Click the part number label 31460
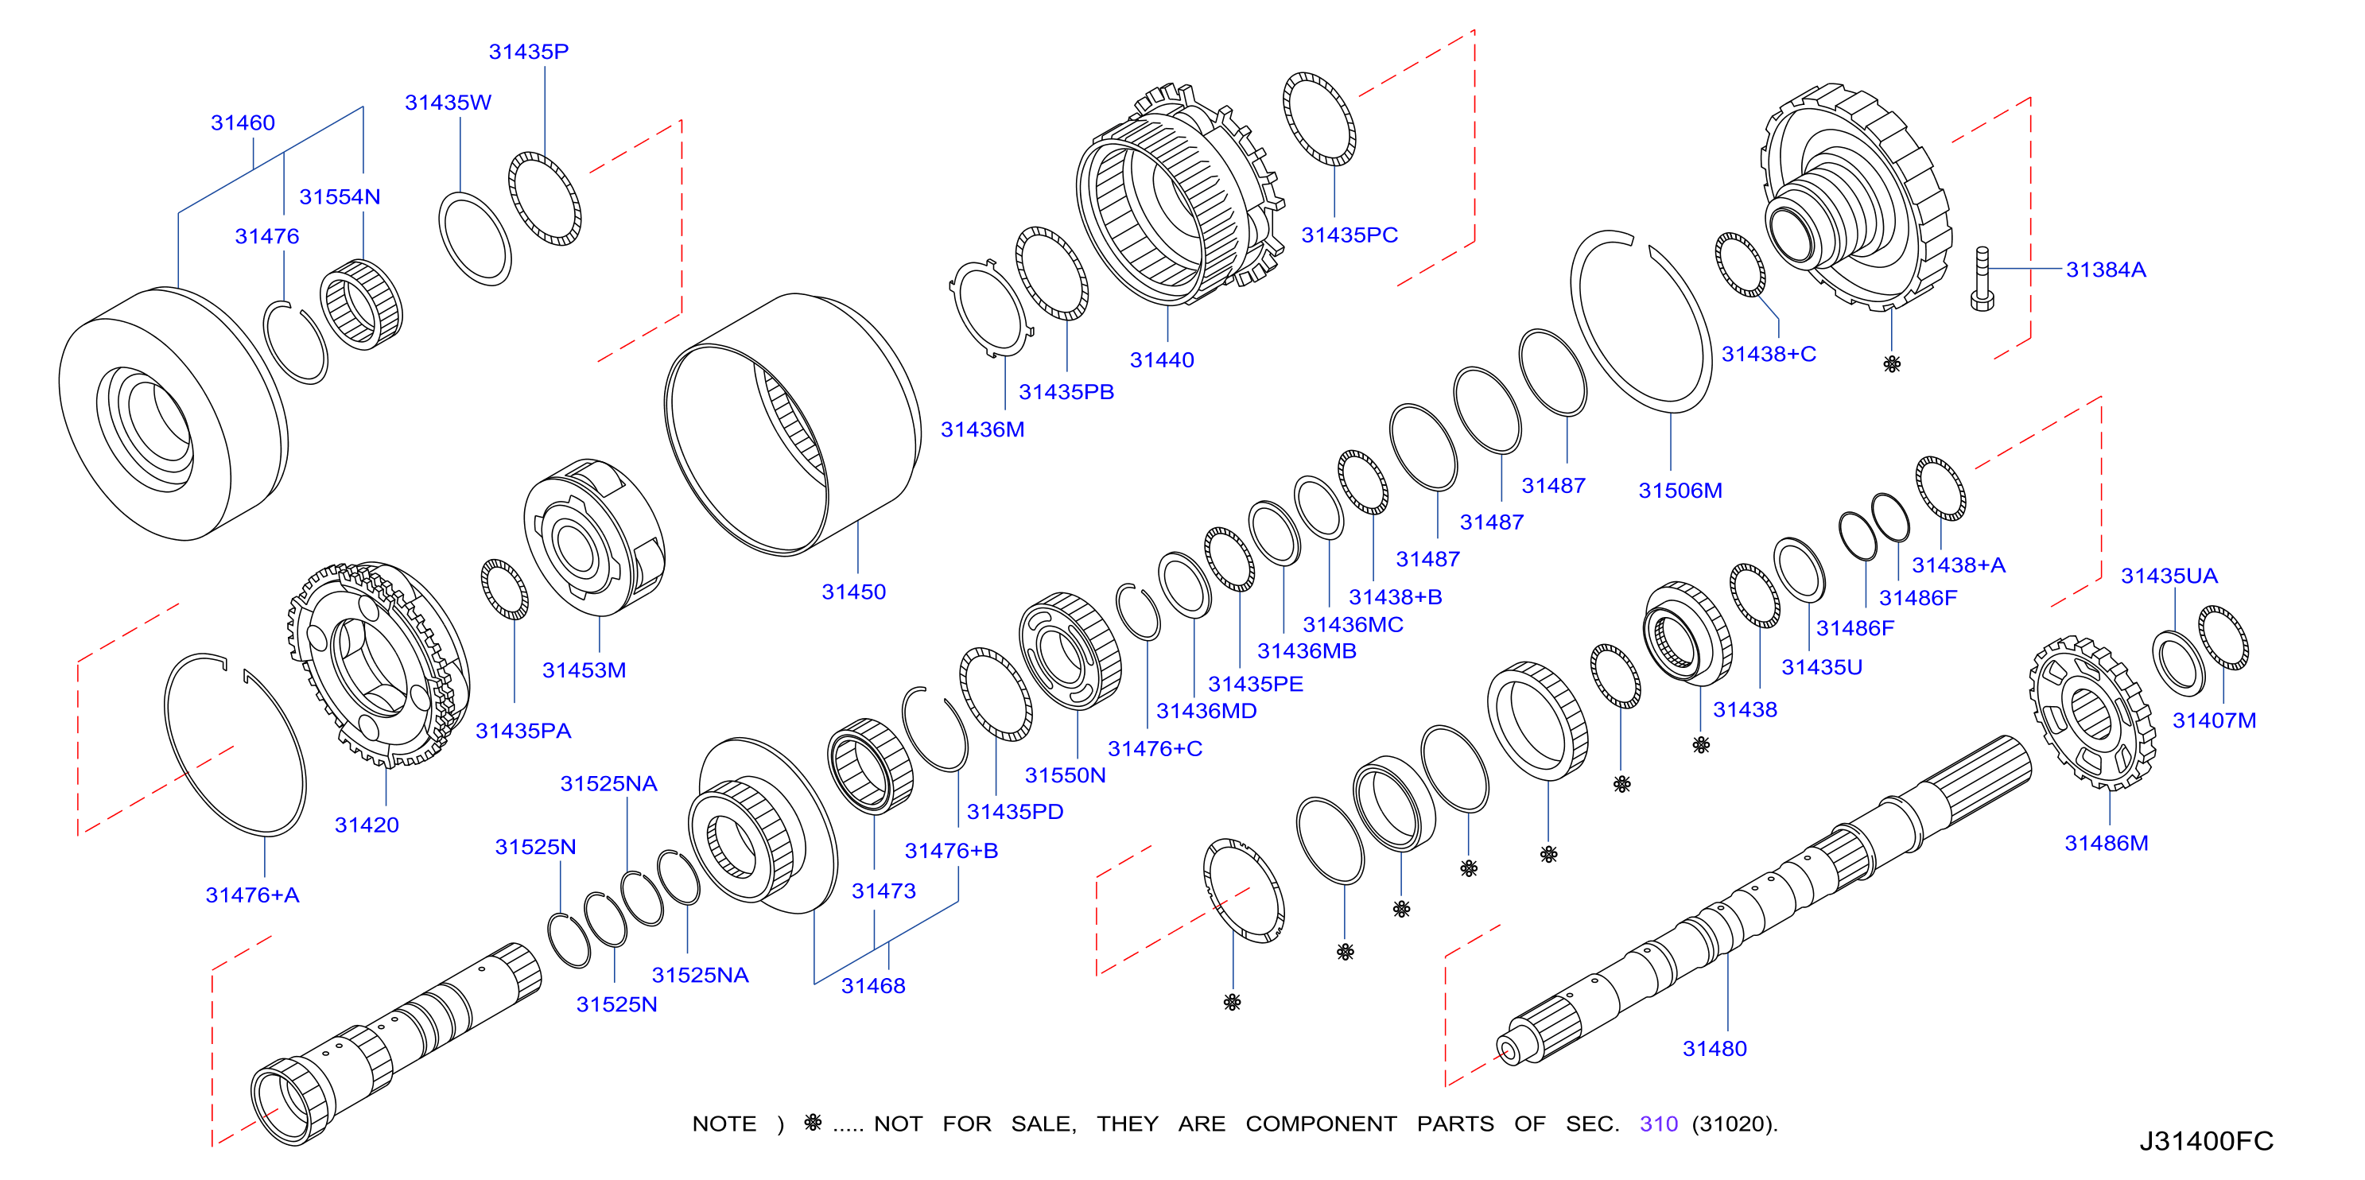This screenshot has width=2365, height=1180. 243,123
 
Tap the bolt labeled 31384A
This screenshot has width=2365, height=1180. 1982,279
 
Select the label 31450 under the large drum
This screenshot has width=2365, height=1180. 854,592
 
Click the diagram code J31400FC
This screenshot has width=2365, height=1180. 2206,1141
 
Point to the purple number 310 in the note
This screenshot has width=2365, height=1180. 1659,1124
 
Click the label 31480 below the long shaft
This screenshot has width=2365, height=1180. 1714,1049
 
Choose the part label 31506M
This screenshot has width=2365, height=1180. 1680,491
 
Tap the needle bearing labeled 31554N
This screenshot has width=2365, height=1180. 362,304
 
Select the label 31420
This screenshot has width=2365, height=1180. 367,825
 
